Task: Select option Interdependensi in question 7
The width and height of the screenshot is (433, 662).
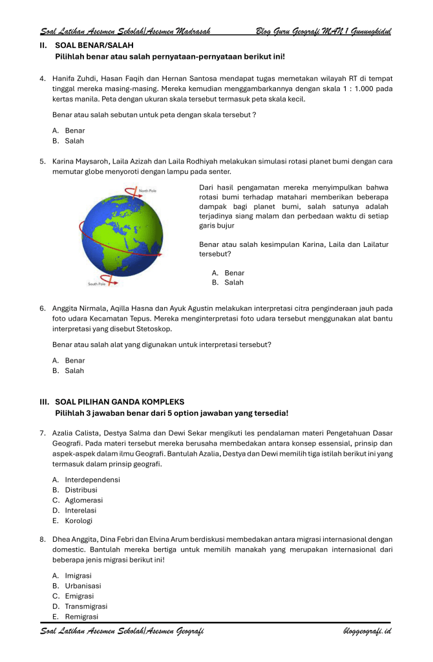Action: [x=92, y=480]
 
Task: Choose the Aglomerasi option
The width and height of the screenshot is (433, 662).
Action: [x=83, y=500]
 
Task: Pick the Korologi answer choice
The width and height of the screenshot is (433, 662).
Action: [x=78, y=520]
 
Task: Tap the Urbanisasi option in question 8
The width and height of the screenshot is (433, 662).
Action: [x=83, y=586]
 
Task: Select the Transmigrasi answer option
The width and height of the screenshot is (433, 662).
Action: [x=85, y=606]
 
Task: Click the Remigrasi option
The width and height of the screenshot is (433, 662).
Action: [x=80, y=617]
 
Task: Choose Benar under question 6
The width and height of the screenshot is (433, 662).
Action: [x=74, y=361]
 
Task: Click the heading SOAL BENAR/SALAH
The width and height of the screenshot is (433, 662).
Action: [x=94, y=46]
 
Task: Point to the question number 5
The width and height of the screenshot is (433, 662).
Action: [x=42, y=162]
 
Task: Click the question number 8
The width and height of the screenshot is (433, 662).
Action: [x=42, y=539]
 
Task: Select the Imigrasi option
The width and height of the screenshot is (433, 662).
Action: [x=78, y=575]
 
